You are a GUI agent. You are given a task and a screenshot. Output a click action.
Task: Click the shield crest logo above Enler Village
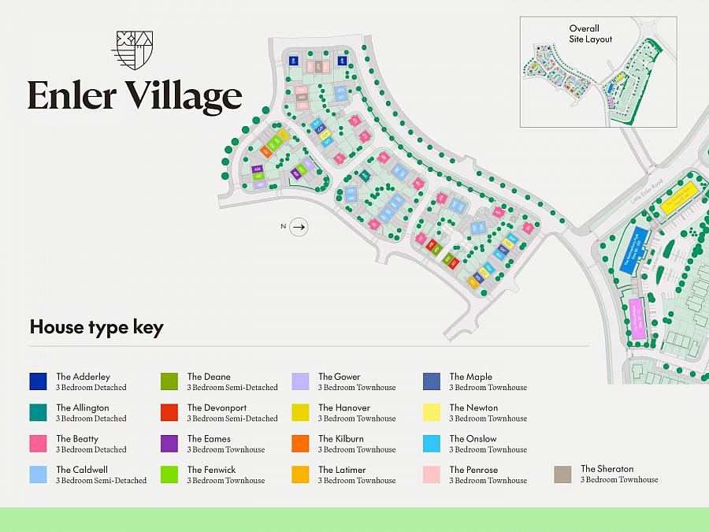132,51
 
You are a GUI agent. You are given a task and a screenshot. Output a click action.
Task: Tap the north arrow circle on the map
298,227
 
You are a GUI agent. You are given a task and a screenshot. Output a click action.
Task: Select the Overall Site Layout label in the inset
590,34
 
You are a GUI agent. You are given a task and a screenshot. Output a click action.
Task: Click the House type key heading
96,327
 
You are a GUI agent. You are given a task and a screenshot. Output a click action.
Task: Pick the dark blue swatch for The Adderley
38,381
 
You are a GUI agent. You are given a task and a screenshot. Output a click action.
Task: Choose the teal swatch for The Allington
38,412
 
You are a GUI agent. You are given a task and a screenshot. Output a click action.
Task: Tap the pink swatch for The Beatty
38,444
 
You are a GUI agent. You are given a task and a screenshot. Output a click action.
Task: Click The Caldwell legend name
81,470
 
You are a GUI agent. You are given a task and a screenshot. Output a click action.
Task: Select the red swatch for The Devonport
169,412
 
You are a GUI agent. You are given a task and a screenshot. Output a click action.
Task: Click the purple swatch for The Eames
169,444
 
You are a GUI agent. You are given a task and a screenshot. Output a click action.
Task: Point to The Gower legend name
339,377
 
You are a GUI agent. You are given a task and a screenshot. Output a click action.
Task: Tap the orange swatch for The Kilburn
300,444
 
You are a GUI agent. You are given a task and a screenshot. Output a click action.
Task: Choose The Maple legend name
470,377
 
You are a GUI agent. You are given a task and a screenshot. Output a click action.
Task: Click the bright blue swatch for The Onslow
431,444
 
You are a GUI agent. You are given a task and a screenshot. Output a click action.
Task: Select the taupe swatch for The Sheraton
562,474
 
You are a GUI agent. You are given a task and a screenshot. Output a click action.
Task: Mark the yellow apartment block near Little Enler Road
680,194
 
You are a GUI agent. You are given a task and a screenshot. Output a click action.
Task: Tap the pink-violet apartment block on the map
636,319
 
